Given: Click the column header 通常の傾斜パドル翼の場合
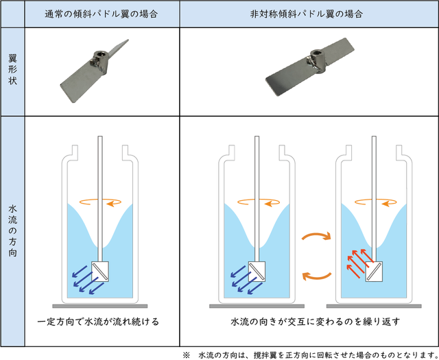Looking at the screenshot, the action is [102, 14].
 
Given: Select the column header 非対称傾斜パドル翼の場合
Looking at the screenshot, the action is [307, 14].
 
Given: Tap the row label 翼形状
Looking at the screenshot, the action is [12, 70].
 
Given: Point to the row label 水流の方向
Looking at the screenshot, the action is [12, 231].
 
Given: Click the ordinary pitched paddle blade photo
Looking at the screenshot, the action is [95, 71].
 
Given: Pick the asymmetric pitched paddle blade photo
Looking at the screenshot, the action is [310, 67].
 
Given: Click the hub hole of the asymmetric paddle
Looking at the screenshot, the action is [317, 52].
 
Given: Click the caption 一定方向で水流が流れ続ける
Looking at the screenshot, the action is [98, 322].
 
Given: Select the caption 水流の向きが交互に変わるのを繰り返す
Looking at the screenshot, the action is [316, 322].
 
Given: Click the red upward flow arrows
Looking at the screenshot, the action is [360, 263].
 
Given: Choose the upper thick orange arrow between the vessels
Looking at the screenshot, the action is [317, 235].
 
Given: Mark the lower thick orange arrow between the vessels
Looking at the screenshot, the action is [317, 276].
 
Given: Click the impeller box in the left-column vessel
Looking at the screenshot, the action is [100, 272].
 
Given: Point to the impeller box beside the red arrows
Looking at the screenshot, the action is [374, 272].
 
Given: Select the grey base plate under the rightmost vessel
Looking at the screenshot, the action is [374, 307].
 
